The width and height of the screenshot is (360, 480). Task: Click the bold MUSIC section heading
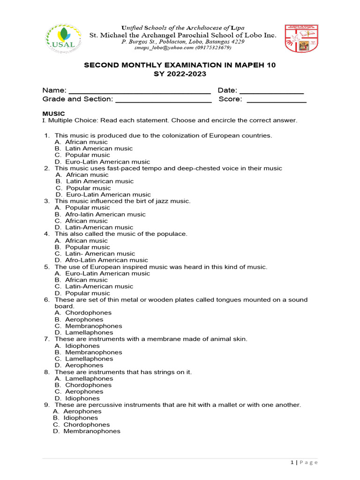tap(53, 114)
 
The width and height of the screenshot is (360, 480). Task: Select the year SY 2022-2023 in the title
tap(180, 74)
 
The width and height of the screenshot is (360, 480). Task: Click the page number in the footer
tap(292, 463)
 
